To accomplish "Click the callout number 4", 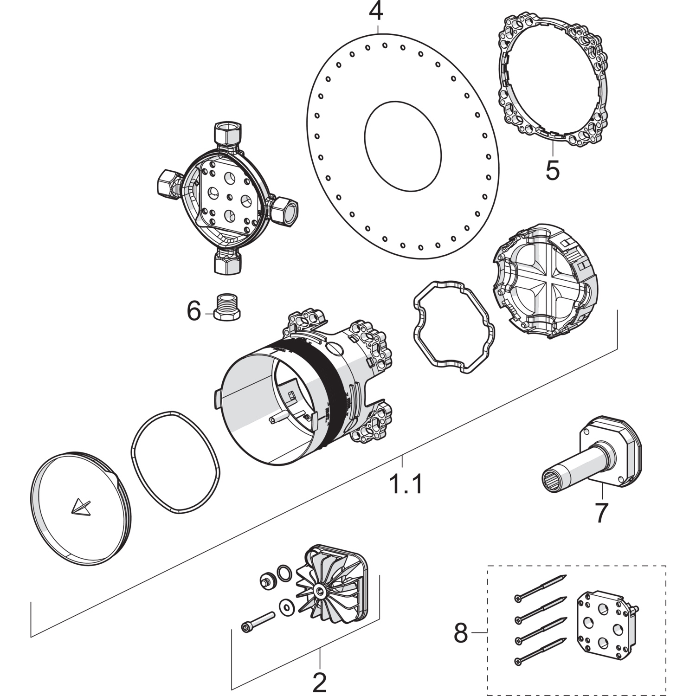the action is pyautogui.click(x=376, y=12).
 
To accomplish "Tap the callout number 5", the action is pyautogui.click(x=552, y=171).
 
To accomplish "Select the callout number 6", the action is pyautogui.click(x=194, y=310).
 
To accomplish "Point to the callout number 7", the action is pyautogui.click(x=601, y=513).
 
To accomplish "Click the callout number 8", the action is pyautogui.click(x=461, y=633).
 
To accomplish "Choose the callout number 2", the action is pyautogui.click(x=320, y=682).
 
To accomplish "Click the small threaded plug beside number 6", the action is pyautogui.click(x=227, y=308).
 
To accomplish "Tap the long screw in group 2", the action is pyautogui.click(x=258, y=621).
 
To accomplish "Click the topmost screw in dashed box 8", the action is pyautogui.click(x=540, y=587).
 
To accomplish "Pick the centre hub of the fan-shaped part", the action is pyautogui.click(x=320, y=591).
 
